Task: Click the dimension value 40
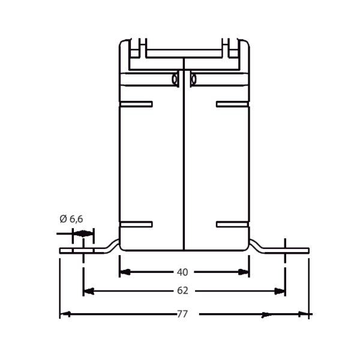pyautogui.click(x=182, y=272)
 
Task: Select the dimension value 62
pyautogui.click(x=182, y=290)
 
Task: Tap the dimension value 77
pyautogui.click(x=182, y=314)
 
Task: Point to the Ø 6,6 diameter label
pyautogui.click(x=71, y=219)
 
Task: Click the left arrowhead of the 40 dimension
pyautogui.click(x=125, y=272)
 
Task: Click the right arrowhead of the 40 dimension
pyautogui.click(x=244, y=272)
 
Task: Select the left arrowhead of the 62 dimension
pyautogui.click(x=89, y=291)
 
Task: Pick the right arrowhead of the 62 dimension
pyautogui.click(x=280, y=291)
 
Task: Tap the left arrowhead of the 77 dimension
pyautogui.click(x=65, y=314)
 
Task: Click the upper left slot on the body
pyautogui.click(x=136, y=104)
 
